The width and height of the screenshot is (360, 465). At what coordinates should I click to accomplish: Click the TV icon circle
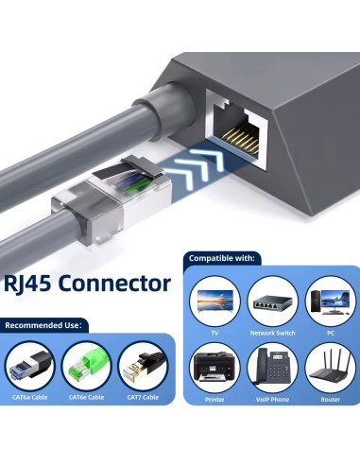click(x=214, y=301)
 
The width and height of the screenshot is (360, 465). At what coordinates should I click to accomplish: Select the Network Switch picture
click(x=272, y=301)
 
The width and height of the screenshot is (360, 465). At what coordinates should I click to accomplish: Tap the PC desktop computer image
click(x=331, y=301)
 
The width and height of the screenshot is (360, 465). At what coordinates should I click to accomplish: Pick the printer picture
click(x=214, y=368)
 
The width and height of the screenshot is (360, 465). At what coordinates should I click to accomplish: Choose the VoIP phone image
click(x=272, y=368)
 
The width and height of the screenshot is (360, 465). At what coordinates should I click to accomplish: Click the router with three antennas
click(x=331, y=368)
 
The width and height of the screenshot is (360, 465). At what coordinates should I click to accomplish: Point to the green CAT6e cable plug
click(x=86, y=367)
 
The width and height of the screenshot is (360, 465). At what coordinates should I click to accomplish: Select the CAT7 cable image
click(x=144, y=367)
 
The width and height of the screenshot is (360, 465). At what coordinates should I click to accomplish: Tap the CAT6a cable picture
click(x=30, y=367)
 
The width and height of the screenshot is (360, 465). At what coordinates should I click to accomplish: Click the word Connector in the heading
click(x=114, y=283)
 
